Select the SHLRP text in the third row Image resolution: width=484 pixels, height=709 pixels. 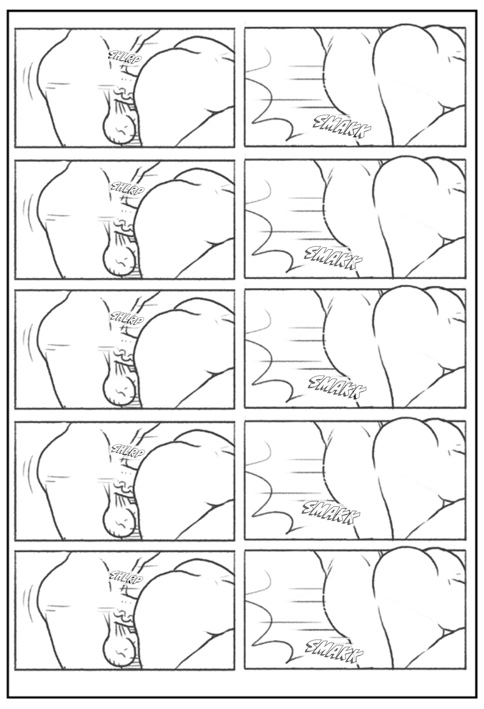pyautogui.click(x=126, y=319)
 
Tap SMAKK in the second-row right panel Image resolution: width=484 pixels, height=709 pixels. pyautogui.click(x=333, y=259)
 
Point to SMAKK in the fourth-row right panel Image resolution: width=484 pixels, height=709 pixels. pyautogui.click(x=331, y=513)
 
